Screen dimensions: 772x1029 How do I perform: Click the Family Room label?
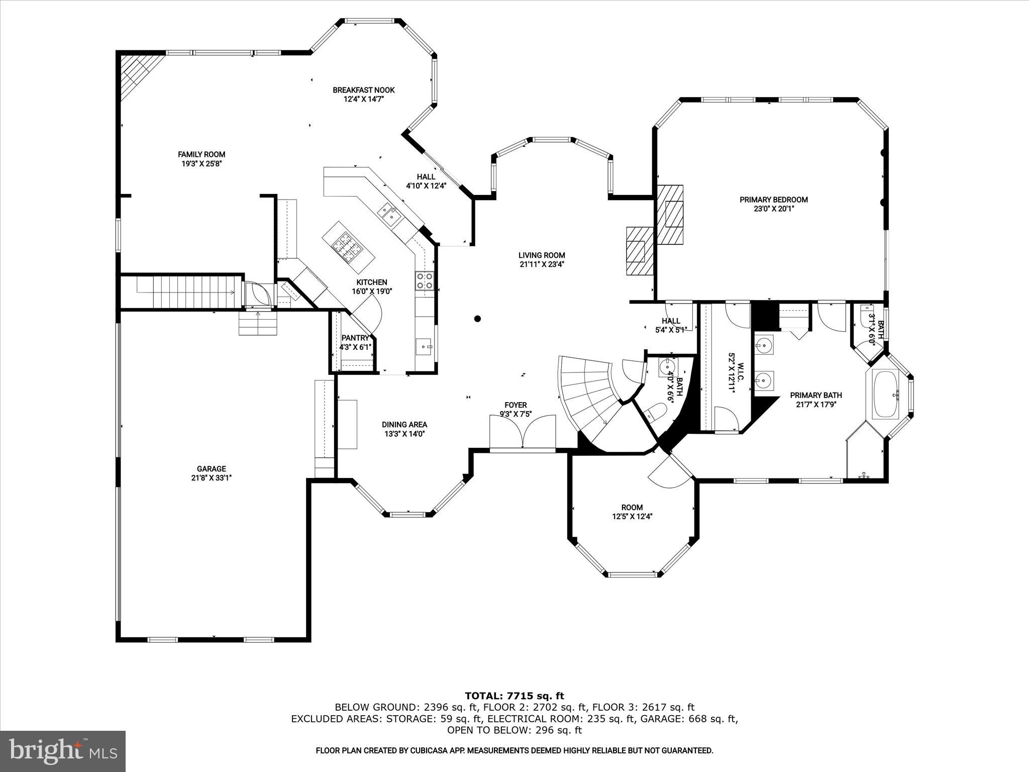tap(201, 155)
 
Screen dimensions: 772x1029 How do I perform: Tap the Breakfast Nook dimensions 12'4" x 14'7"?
tap(363, 100)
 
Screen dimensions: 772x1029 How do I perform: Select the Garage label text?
tap(211, 469)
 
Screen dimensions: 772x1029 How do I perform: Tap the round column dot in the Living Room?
tap(478, 319)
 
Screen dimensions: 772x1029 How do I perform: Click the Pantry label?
tap(355, 338)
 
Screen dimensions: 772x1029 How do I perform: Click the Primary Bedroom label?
tap(773, 200)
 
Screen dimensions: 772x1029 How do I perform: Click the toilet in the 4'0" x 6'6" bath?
tap(655, 413)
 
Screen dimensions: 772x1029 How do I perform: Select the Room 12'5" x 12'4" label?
tap(632, 508)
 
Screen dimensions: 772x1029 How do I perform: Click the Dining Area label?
tap(404, 425)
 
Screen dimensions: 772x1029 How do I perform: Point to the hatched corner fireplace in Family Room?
tap(136, 73)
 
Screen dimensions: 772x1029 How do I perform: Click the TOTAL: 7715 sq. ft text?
tap(514, 696)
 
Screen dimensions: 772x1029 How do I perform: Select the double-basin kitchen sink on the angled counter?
tap(389, 214)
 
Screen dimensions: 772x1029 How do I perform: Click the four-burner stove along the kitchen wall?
tap(425, 281)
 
